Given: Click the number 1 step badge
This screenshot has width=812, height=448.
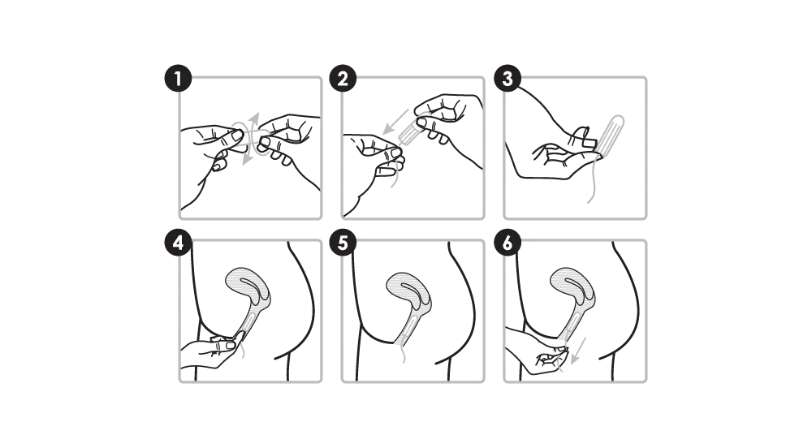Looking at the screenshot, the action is click(178, 79).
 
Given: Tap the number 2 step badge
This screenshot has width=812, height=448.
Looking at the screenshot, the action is click(343, 79).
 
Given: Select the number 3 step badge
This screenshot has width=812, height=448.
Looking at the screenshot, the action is click(507, 79).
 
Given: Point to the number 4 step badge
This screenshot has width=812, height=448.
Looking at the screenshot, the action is click(178, 243).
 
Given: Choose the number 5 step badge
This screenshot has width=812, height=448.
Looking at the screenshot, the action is click(343, 243).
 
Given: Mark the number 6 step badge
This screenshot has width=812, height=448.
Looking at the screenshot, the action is click(507, 243).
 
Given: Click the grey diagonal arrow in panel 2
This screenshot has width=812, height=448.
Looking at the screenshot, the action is click(395, 122).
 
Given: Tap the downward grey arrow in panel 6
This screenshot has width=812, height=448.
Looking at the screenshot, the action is click(578, 351).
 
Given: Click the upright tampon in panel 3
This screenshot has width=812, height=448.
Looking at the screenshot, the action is click(610, 135).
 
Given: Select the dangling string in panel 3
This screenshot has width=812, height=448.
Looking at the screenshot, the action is click(591, 181).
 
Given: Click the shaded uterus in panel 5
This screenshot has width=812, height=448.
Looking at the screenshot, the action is click(408, 291).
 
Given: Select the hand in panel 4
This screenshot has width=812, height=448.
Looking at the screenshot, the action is click(212, 351).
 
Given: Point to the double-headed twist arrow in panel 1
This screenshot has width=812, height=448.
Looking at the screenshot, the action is click(251, 139).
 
